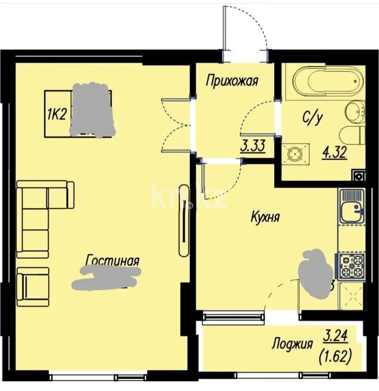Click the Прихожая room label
pyautogui.click(x=232, y=81)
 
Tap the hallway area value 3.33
pyautogui.click(x=253, y=145)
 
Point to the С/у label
pyautogui.click(x=312, y=117)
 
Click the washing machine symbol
pyautogui.click(x=297, y=153)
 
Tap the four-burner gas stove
pyautogui.click(x=352, y=265)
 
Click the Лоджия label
pyautogui.click(x=292, y=345)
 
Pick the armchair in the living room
pyautogui.click(x=33, y=287)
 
